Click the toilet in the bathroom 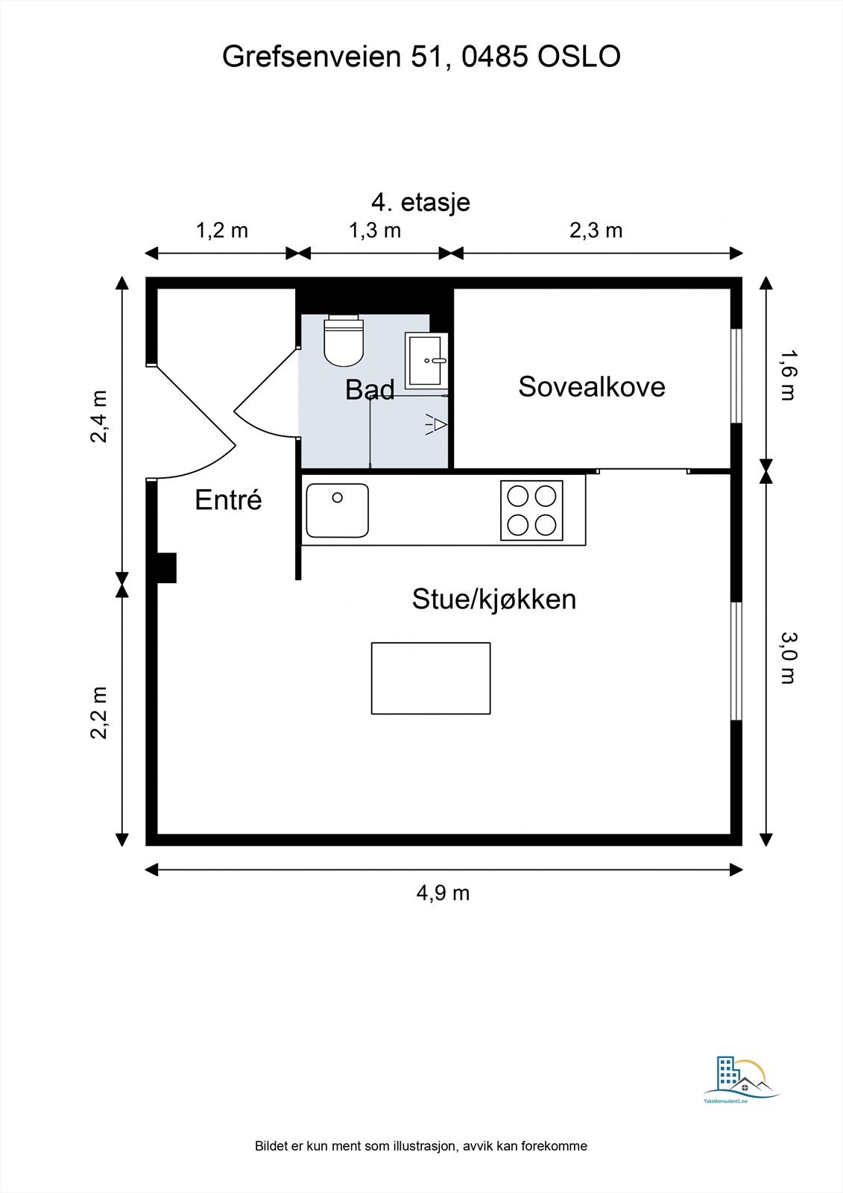click(x=344, y=341)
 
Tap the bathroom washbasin click(x=427, y=361)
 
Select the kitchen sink click(x=338, y=510)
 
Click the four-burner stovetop click(x=531, y=511)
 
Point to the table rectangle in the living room click(x=431, y=678)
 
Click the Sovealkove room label click(x=592, y=387)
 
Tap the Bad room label click(x=370, y=390)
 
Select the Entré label click(x=228, y=500)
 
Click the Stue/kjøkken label click(x=493, y=599)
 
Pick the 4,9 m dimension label click(x=443, y=893)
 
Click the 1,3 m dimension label click(x=375, y=230)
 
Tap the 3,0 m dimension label click(x=788, y=657)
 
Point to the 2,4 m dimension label click(x=100, y=416)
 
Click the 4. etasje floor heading click(x=420, y=201)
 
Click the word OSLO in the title click(x=579, y=57)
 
